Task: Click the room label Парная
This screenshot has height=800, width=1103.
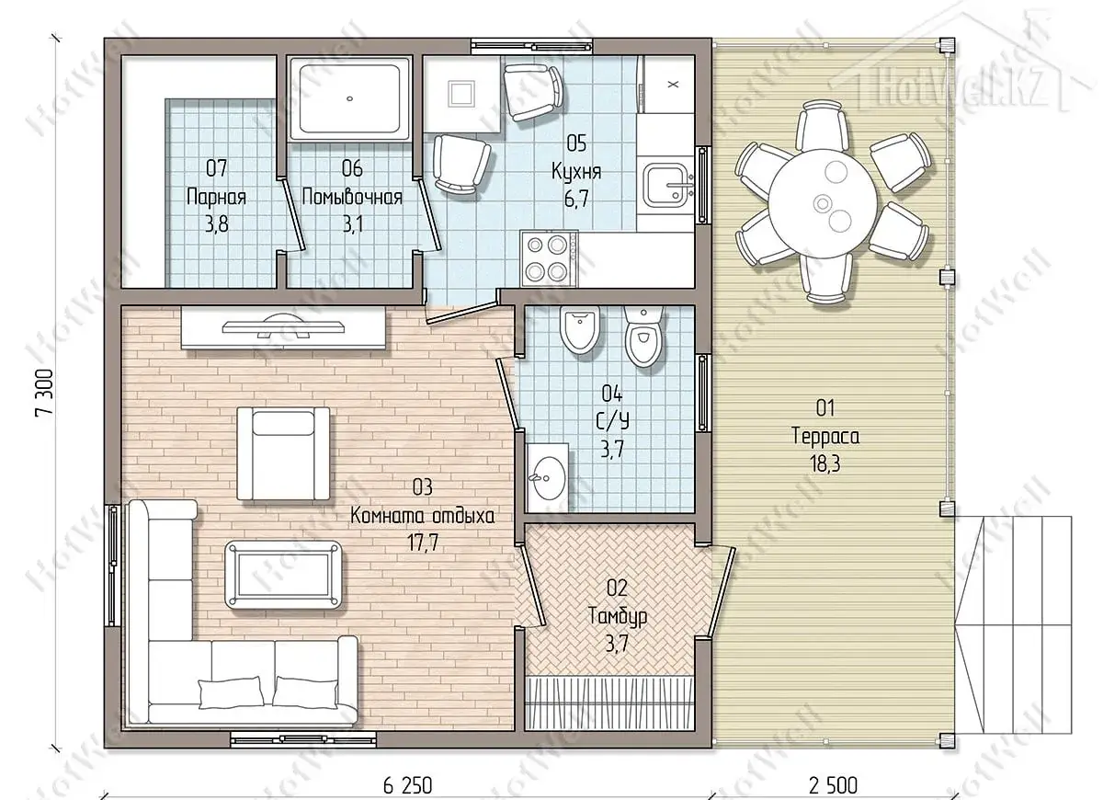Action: [x=217, y=198]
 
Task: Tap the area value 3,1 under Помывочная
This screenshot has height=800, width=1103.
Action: [x=353, y=225]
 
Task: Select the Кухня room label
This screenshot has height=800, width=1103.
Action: [x=576, y=171]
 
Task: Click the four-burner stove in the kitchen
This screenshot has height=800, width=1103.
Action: [x=549, y=258]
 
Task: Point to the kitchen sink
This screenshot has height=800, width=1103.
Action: [x=665, y=185]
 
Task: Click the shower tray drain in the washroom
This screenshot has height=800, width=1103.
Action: [x=349, y=98]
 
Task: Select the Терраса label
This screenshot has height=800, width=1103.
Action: [x=825, y=436]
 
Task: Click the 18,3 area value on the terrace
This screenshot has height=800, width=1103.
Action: [x=825, y=463]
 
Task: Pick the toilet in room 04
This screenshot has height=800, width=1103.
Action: [x=643, y=337]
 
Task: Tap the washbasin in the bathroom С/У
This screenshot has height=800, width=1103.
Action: [x=548, y=477]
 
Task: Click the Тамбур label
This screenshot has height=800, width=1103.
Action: [x=618, y=616]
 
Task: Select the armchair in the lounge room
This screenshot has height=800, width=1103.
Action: [x=283, y=453]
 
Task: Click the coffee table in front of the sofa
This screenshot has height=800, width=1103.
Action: [x=284, y=575]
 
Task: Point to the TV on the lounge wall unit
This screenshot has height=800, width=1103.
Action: [x=284, y=326]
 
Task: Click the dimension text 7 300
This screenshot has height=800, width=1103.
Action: [x=44, y=394]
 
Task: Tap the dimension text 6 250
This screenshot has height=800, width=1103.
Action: [x=407, y=784]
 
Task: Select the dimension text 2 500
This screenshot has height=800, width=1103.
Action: [x=833, y=784]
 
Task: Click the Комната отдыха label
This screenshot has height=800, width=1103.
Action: [x=423, y=517]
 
